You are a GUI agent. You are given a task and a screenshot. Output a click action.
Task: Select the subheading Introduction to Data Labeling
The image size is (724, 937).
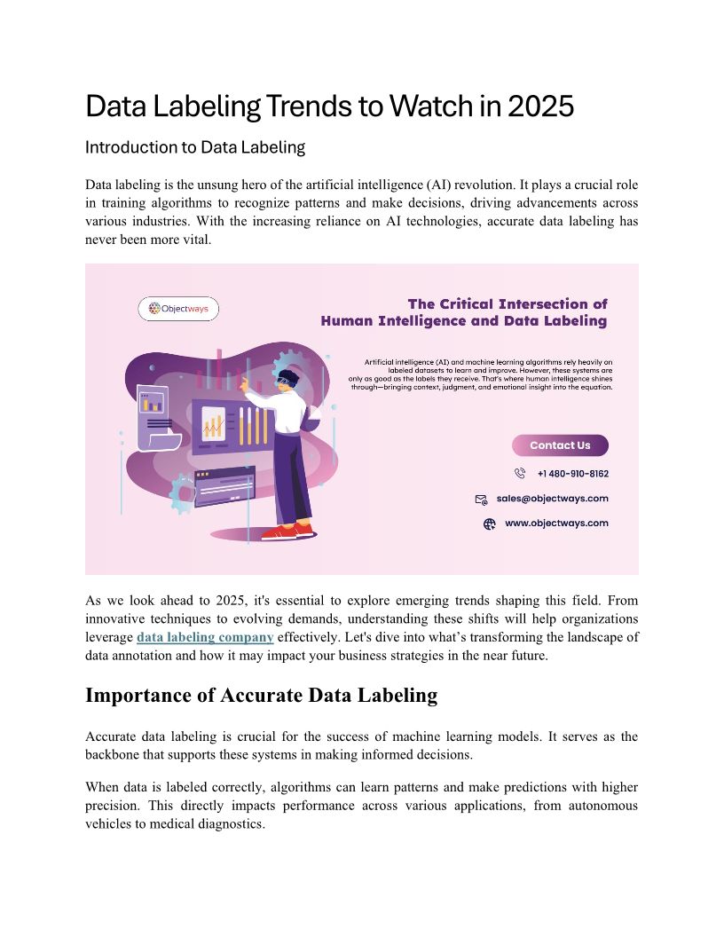click(195, 148)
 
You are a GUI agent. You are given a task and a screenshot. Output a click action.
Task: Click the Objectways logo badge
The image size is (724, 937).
click(178, 309)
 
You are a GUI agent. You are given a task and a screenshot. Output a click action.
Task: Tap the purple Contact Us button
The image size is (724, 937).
click(560, 445)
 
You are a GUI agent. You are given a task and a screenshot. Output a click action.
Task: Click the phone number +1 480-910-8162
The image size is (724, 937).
click(572, 474)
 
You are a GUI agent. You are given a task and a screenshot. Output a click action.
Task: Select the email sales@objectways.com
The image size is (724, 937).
click(552, 499)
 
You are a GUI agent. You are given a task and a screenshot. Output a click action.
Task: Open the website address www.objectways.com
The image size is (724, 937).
click(556, 524)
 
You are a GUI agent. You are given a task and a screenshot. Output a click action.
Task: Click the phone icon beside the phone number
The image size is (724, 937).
click(520, 474)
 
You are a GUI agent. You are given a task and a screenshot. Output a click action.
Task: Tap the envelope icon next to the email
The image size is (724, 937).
click(481, 500)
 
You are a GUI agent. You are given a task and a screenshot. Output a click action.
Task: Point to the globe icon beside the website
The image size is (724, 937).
click(489, 524)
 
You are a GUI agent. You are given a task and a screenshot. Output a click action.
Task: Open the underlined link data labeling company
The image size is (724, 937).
click(205, 638)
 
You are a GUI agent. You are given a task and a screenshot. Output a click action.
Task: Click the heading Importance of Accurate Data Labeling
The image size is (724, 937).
click(262, 696)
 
